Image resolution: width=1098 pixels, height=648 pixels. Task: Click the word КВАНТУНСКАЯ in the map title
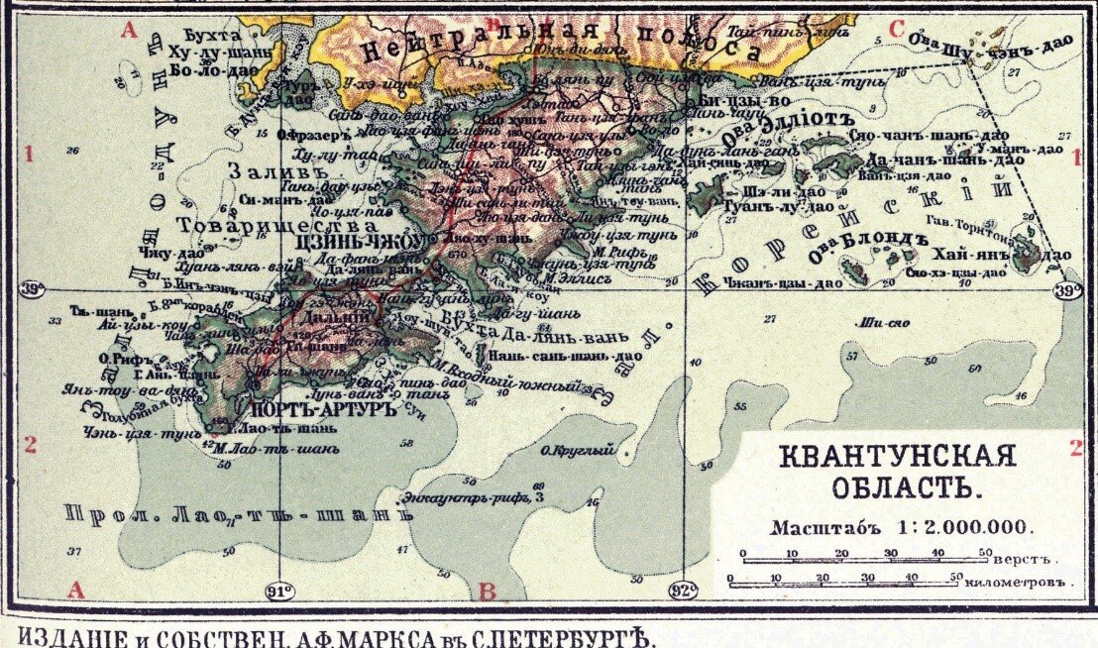[x=897, y=457]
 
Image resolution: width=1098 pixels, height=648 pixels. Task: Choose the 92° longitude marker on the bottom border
[x=685, y=592]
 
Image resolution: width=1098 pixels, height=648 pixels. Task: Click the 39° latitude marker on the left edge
[x=31, y=290]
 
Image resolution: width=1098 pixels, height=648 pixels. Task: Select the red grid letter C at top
[x=896, y=30]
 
